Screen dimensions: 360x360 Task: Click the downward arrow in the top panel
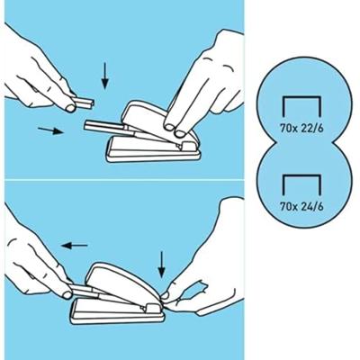104,76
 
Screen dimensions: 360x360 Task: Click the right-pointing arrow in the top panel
50,130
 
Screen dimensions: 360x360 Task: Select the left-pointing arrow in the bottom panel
75,246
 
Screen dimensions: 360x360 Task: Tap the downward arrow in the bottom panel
162,265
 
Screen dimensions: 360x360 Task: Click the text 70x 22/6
301,129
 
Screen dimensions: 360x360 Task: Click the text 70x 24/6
301,206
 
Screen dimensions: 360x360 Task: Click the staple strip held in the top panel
84,103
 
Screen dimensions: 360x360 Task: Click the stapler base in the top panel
153,150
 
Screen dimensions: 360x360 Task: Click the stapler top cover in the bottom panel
124,282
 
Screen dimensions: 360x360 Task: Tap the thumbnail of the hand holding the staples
70,108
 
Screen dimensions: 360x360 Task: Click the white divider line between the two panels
124,180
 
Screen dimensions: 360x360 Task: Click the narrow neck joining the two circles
303,142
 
